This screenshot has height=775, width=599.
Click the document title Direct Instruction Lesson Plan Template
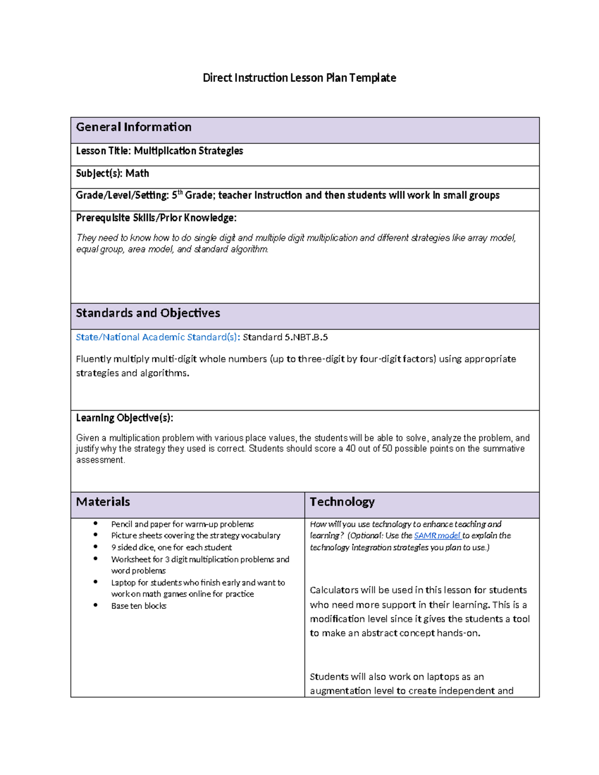click(299, 78)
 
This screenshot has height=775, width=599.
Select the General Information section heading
click(133, 127)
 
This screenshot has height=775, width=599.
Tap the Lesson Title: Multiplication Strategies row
click(159, 151)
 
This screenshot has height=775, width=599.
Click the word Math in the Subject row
click(137, 173)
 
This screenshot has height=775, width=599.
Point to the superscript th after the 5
click(180, 192)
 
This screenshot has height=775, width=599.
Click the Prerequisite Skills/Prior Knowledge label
click(156, 218)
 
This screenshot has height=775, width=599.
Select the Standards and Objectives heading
click(148, 313)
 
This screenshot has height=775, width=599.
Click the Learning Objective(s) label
click(124, 418)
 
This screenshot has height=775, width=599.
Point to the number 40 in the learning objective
click(351, 449)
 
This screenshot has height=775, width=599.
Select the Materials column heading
click(103, 502)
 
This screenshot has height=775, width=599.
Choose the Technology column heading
click(342, 502)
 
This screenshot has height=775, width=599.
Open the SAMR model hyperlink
click(437, 535)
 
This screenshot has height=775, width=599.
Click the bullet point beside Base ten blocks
click(95, 605)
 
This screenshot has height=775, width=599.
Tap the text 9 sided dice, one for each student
click(171, 547)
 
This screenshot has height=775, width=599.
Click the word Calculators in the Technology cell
click(333, 590)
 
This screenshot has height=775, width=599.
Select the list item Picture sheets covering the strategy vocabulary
click(196, 535)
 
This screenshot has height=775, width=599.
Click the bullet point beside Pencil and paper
click(95, 523)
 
